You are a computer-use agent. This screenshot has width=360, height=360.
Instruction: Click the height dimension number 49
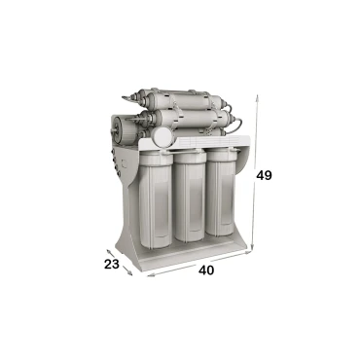point(264,175)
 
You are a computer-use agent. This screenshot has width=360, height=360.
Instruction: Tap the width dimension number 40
point(206,270)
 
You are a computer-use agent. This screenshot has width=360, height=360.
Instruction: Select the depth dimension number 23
point(112,265)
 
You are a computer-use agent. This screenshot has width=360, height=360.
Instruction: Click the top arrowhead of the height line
point(257,97)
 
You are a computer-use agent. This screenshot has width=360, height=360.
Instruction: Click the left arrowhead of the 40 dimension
point(150,275)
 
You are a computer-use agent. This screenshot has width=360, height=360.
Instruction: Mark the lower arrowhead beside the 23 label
point(130,273)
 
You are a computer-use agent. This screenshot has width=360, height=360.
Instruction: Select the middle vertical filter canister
point(190,197)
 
